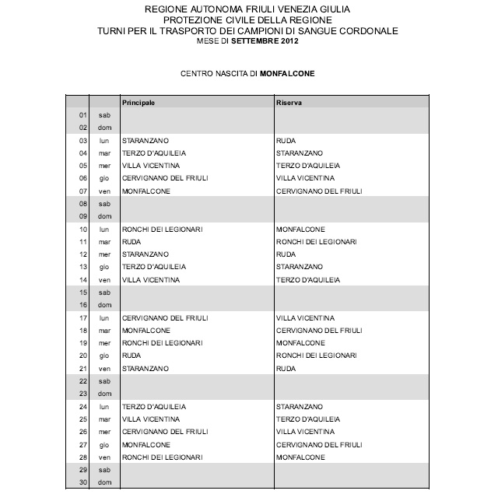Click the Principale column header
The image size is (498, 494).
coord(139,102)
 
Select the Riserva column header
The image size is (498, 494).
coord(289,102)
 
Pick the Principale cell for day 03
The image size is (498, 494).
coord(142,140)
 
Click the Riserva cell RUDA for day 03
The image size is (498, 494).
coord(286,140)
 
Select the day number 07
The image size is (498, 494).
coord(82,191)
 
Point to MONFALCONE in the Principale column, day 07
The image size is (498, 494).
coord(143,191)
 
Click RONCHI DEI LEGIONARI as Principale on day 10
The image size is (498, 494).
coord(162,229)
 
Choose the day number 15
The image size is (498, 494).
coord(82,293)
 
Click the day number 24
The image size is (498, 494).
coord(82,407)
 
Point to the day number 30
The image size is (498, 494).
coord(82,483)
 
